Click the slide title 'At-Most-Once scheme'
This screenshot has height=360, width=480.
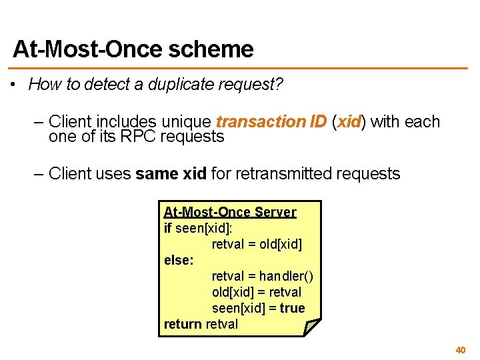pos(133,49)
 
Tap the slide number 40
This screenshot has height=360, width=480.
pos(460,350)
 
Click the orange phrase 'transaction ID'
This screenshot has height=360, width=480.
pos(271,122)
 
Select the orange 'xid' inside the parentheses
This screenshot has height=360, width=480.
pos(349,122)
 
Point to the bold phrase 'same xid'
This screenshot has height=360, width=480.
pos(171,175)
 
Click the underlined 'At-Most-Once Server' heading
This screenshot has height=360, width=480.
pos(230,212)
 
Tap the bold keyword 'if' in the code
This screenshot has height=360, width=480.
pos(167,228)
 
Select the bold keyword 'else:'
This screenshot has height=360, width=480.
pos(179,260)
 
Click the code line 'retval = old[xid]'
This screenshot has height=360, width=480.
pos(257,244)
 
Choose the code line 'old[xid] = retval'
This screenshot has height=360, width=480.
pos(257,292)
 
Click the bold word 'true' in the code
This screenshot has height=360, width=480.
pos(292,308)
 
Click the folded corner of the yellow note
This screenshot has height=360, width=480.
pos(311,327)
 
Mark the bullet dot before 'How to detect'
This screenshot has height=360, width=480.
pos(13,85)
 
